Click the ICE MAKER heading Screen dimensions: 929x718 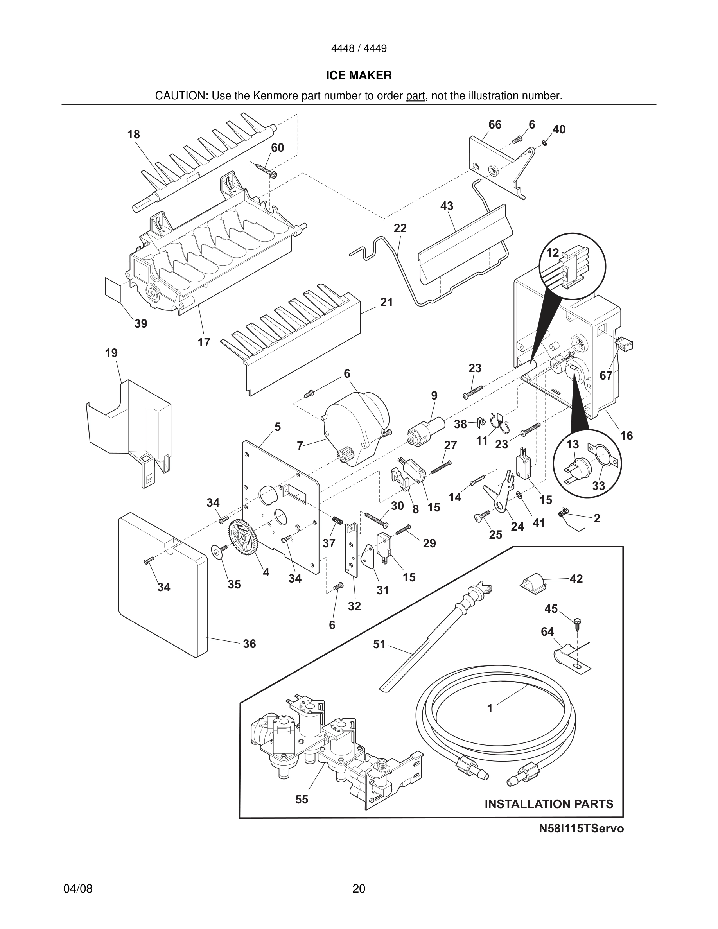359,75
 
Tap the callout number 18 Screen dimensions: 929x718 134,135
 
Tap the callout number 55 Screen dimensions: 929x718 302,799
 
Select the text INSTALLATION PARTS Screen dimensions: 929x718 549,803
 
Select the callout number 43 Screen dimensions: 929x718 447,206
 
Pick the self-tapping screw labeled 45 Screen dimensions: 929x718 577,624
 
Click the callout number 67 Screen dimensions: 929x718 606,375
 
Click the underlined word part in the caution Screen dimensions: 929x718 415,96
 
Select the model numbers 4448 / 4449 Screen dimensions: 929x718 359,48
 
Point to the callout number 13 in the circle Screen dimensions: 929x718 573,444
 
